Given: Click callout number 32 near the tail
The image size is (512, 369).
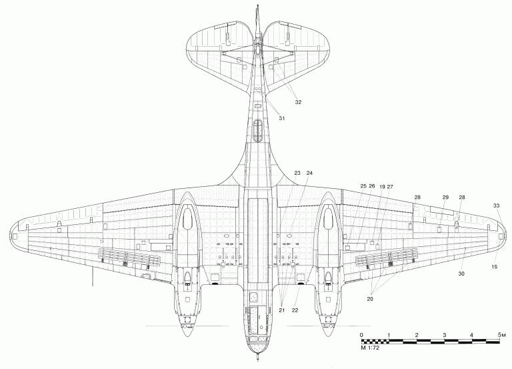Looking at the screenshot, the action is [298, 102].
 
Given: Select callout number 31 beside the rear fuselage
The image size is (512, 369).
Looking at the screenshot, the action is [281, 118].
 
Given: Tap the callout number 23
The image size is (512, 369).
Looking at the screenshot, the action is [297, 173].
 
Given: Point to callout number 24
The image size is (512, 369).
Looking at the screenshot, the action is [309, 173].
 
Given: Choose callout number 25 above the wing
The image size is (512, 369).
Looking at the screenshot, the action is [363, 186].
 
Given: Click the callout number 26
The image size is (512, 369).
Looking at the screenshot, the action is [372, 186].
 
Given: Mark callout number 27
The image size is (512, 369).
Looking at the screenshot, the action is [390, 187].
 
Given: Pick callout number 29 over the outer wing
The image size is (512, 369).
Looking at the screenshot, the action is [445, 197].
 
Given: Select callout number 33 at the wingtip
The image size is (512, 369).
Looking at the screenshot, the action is [496, 206].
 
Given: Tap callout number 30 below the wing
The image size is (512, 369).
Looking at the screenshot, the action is [461, 274].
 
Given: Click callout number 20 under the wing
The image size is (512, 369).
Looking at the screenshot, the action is [370, 299].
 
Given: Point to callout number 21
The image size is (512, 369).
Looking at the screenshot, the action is [281, 310].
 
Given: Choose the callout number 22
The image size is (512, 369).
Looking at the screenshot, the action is [295, 310].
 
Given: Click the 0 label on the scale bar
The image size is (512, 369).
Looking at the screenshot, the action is [361, 335].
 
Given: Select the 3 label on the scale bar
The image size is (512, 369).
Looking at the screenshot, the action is [445, 335].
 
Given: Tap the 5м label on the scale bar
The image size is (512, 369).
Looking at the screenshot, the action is [502, 335].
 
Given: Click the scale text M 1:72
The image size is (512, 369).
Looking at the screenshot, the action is [370, 348].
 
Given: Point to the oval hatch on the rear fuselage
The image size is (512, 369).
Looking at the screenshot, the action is [257, 130].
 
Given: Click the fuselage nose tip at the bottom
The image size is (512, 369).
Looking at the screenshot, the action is [258, 360].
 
